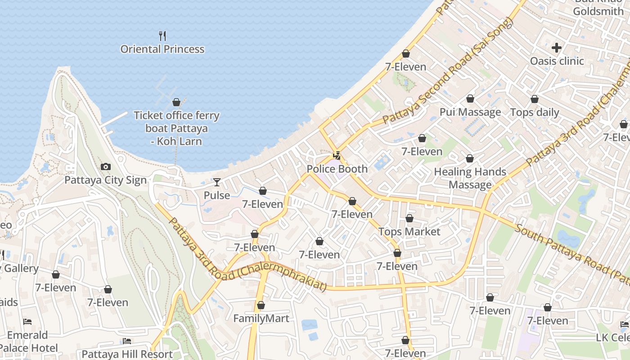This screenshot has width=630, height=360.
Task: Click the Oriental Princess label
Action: (162, 49)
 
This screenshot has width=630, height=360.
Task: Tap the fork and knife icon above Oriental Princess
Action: (162, 36)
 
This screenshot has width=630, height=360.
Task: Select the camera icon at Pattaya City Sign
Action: (106, 167)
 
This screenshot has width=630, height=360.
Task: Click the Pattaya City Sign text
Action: (106, 180)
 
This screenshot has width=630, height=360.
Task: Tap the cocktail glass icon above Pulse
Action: (217, 182)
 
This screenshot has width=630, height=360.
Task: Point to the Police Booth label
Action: (337, 169)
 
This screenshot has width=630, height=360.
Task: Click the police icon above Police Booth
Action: (337, 156)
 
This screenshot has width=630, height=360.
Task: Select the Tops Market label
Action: (409, 232)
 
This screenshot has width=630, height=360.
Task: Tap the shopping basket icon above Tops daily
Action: (535, 99)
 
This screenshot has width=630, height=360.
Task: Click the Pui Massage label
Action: (470, 112)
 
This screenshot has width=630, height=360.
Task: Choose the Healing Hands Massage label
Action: (470, 178)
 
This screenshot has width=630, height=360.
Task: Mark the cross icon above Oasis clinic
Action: (557, 47)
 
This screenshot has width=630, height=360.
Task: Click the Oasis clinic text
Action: (557, 61)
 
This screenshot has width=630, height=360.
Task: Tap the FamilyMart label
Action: (261, 319)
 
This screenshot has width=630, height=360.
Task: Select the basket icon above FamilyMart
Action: (261, 306)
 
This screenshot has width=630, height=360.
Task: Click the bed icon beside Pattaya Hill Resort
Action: (127, 341)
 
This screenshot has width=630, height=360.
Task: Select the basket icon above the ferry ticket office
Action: (176, 102)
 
